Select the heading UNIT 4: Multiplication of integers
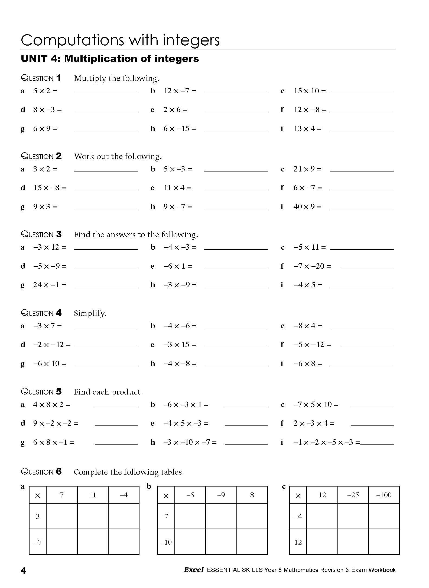pyautogui.click(x=110, y=59)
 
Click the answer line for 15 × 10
pyautogui.click(x=362, y=92)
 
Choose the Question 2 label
pyautogui.click(x=41, y=156)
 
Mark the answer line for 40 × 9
pyautogui.click(x=362, y=208)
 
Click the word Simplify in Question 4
pyautogui.click(x=90, y=313)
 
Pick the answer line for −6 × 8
pyautogui.click(x=362, y=365)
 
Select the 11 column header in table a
pyautogui.click(x=93, y=495)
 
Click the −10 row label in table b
pyautogui.click(x=166, y=542)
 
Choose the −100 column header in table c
pyautogui.click(x=384, y=495)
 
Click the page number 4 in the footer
pyautogui.click(x=24, y=571)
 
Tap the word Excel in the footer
pyautogui.click(x=194, y=570)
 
